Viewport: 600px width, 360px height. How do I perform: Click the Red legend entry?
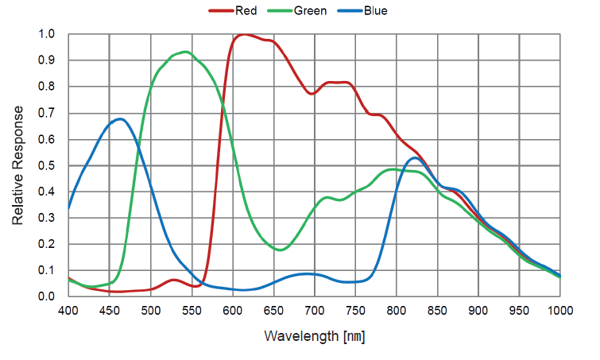click(x=239, y=11)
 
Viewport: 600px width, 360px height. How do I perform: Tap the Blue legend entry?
click(x=366, y=11)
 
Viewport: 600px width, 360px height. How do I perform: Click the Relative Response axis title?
click(x=18, y=165)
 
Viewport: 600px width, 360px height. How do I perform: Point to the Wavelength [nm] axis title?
click(x=314, y=337)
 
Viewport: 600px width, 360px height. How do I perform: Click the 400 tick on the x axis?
click(x=68, y=312)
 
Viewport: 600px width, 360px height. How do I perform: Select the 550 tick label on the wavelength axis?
click(x=192, y=312)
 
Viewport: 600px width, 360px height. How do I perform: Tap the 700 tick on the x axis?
click(x=315, y=312)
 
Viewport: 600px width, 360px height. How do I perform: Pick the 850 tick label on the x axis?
click(x=438, y=312)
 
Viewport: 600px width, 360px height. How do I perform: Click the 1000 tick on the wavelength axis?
click(x=559, y=312)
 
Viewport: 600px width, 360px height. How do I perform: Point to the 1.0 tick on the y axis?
click(x=47, y=34)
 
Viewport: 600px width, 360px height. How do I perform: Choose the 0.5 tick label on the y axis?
click(x=47, y=165)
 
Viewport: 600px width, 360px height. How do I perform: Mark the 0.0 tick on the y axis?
click(x=47, y=296)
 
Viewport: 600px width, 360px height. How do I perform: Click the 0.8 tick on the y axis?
click(x=47, y=87)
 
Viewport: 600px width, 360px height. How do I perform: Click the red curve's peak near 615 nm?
click(x=245, y=35)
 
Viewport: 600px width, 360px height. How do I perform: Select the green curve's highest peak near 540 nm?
click(x=185, y=52)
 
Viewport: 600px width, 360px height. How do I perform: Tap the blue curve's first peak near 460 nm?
click(x=119, y=119)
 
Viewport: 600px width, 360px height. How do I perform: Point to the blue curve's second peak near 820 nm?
click(x=414, y=158)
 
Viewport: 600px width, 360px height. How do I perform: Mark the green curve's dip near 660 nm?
click(x=281, y=250)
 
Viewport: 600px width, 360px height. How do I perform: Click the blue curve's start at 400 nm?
click(x=69, y=208)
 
